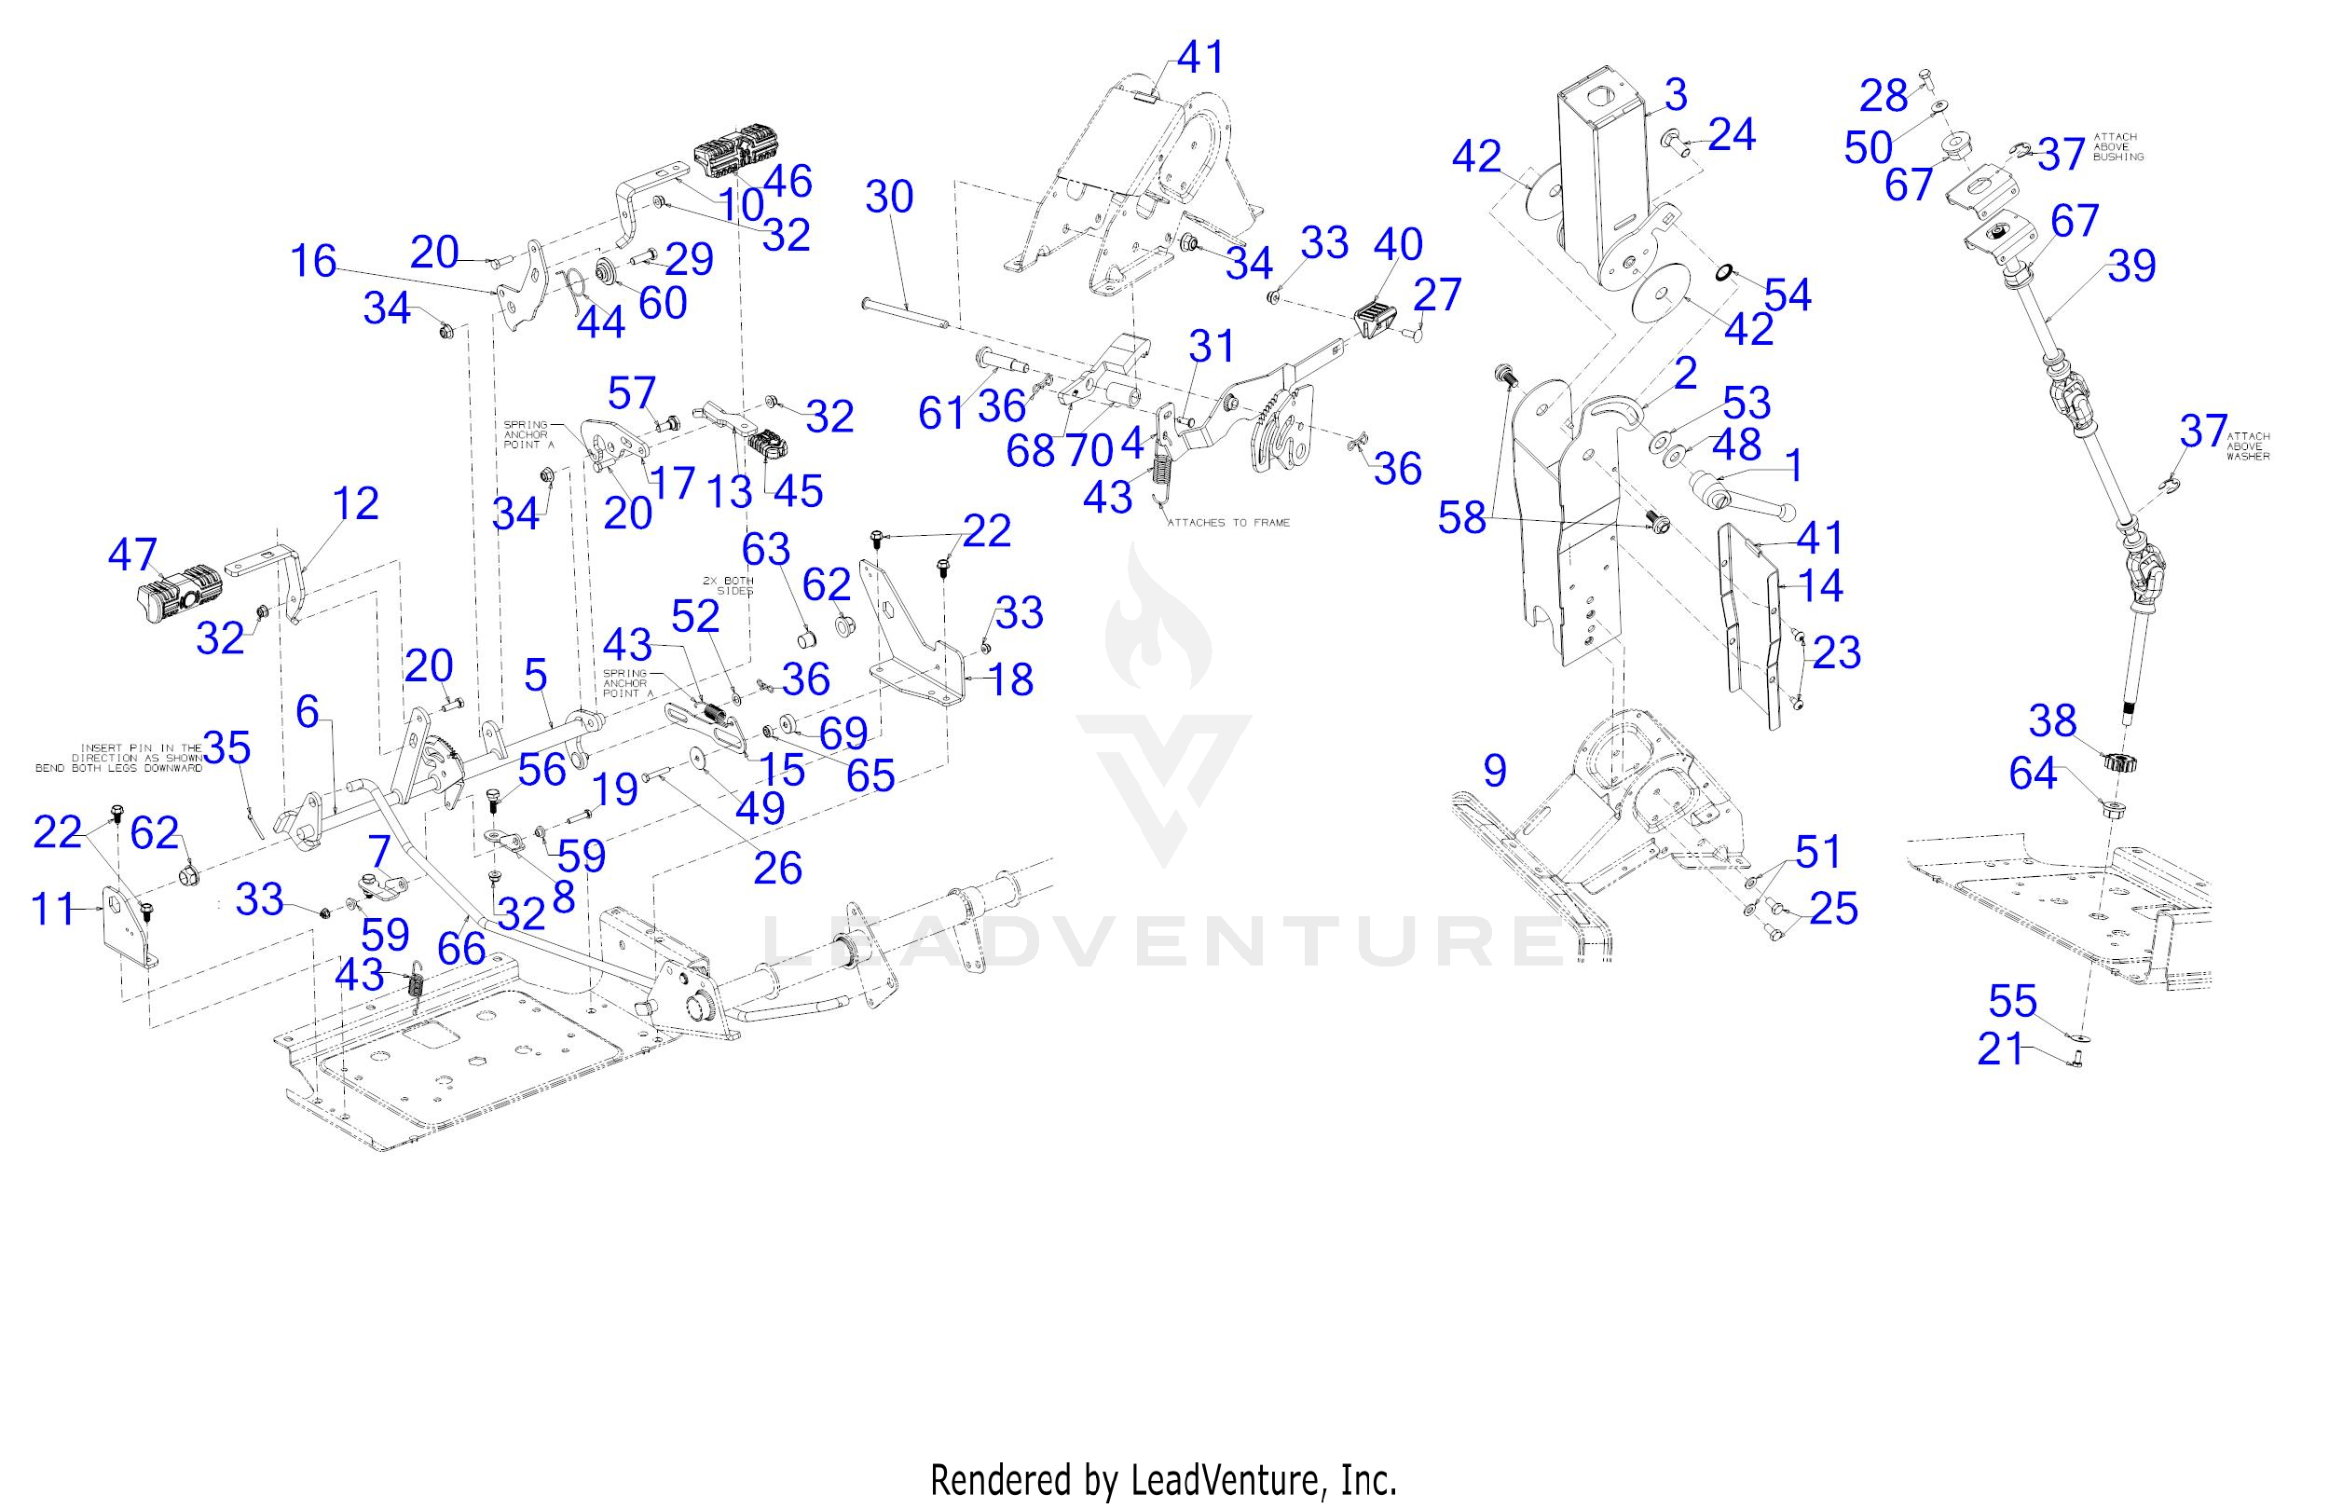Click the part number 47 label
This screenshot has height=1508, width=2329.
point(132,555)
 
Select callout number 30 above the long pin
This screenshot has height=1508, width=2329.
point(888,198)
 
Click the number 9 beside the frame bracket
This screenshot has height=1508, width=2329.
point(1494,771)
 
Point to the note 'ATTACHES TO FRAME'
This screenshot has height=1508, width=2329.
point(1228,523)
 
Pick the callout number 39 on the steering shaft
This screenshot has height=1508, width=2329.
point(2132,266)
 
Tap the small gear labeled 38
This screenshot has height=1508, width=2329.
point(2118,761)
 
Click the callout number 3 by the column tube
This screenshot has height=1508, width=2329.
point(1676,95)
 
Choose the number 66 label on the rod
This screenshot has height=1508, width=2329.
point(461,947)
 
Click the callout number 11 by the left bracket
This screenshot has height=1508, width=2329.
point(54,910)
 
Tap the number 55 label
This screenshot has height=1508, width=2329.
point(2013,1001)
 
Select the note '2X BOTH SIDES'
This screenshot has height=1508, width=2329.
point(727,585)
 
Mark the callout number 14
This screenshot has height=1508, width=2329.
point(1820,585)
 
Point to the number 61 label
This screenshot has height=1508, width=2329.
point(941,414)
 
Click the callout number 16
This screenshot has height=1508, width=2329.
point(313,261)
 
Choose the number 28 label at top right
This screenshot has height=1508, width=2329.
point(1884,96)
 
